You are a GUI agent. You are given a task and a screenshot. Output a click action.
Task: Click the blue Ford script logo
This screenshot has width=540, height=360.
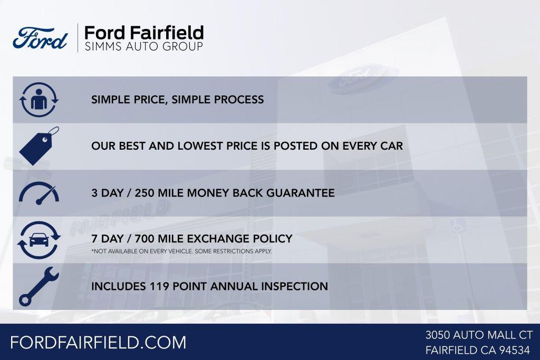(40, 38)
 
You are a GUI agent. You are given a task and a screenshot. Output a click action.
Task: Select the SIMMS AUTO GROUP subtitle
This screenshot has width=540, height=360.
(143, 47)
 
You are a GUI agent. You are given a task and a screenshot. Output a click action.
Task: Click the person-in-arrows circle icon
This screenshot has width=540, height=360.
(39, 100)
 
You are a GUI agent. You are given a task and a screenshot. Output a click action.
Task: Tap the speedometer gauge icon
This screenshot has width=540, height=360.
(39, 193)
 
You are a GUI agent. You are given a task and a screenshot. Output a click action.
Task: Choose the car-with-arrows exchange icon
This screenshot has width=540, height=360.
(39, 240)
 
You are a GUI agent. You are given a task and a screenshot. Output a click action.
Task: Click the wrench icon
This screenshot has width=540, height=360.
(39, 286)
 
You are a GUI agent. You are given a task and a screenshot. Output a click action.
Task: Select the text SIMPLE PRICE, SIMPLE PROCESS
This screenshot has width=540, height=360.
(177, 100)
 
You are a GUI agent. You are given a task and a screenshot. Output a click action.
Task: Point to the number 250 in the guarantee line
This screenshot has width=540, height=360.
(146, 193)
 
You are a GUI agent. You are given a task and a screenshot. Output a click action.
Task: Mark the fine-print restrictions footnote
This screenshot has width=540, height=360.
(181, 251)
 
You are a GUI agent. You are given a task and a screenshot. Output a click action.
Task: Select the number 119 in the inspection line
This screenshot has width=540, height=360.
(162, 287)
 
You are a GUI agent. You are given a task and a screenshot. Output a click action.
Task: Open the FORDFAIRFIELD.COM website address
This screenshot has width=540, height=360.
(98, 342)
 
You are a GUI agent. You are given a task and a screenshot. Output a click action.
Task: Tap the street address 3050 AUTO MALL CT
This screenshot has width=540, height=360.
(479, 335)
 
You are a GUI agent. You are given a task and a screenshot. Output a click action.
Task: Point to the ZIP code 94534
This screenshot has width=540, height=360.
(515, 350)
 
